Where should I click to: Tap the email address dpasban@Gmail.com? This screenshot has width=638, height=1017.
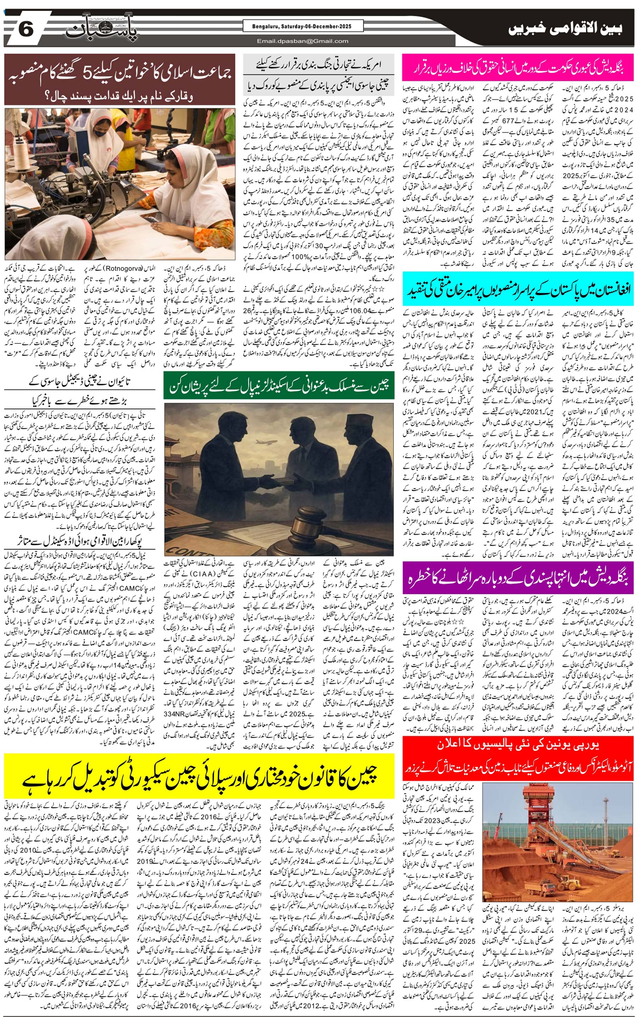pos(303,41)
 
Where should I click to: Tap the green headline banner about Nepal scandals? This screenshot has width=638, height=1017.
pos(279,385)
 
